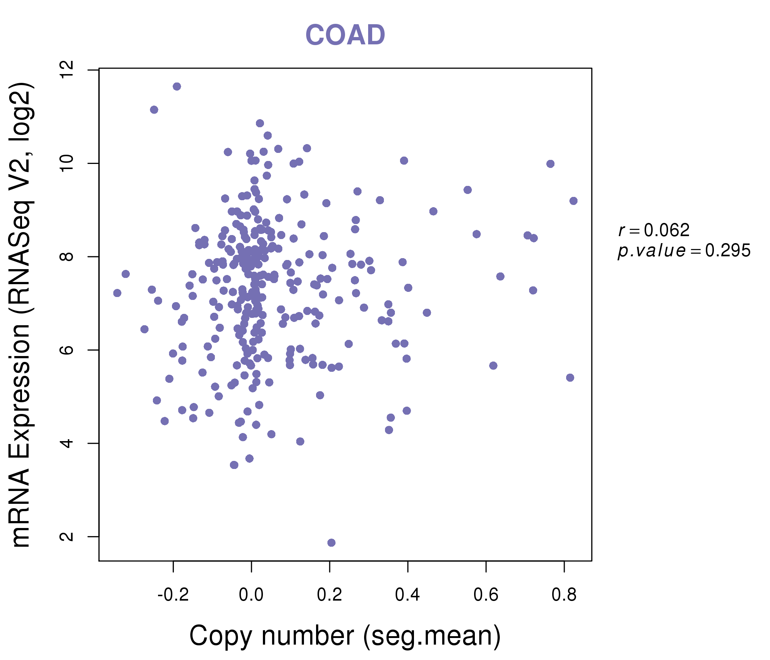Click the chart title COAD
coord(345,35)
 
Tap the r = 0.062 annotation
coord(654,230)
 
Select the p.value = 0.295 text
coord(684,251)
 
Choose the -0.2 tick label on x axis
coord(173,595)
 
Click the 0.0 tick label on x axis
coord(251,595)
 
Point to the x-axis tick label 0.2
coord(329,595)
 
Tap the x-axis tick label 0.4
coord(408,595)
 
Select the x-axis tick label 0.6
coord(486,595)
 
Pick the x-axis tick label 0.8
coord(564,595)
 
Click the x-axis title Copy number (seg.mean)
coord(345,636)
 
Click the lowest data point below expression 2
coord(331,543)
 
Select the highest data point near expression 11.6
coord(177,87)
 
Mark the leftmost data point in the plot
coord(117,293)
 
